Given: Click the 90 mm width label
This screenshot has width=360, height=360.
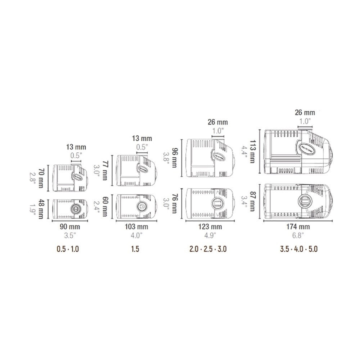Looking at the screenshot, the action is tap(70, 227).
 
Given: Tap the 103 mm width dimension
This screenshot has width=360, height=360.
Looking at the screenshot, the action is tap(136, 227).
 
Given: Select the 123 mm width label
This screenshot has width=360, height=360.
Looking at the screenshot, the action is tap(210, 227).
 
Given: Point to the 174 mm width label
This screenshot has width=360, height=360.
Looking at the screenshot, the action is tap(298, 227).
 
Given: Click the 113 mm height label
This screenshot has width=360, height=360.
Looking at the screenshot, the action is tap(252, 152).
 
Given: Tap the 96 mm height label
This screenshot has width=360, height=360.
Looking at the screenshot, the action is tap(174, 158).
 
